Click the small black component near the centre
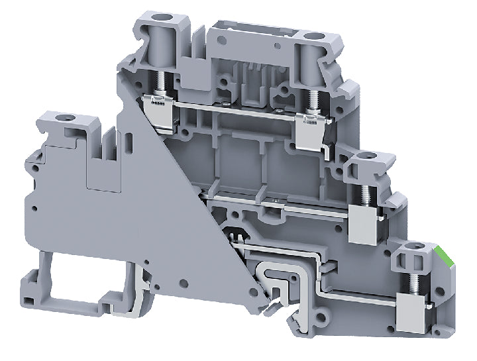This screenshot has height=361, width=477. [x=233, y=233]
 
